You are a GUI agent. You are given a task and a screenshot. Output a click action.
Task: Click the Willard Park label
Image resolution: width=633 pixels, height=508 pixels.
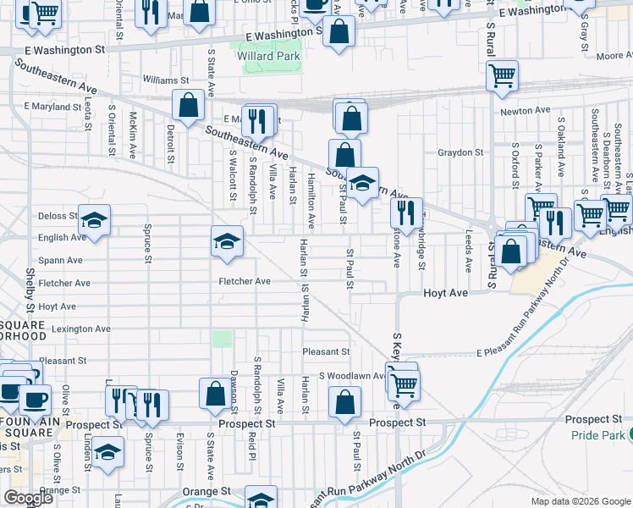pos(275,57)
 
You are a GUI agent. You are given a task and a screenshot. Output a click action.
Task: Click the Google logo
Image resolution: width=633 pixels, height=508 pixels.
pos(28,498)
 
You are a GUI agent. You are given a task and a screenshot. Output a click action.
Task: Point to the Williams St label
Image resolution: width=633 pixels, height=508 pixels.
pos(166,80)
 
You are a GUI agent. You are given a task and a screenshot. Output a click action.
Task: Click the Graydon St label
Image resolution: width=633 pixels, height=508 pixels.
pos(460,153)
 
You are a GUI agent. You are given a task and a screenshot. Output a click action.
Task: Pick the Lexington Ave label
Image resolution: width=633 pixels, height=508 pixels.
pos(81,329)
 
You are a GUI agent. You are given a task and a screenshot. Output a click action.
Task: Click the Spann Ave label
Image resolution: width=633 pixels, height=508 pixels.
pos(62,261)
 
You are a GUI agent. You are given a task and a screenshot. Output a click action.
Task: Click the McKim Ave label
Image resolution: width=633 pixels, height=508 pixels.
pos(133,135)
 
